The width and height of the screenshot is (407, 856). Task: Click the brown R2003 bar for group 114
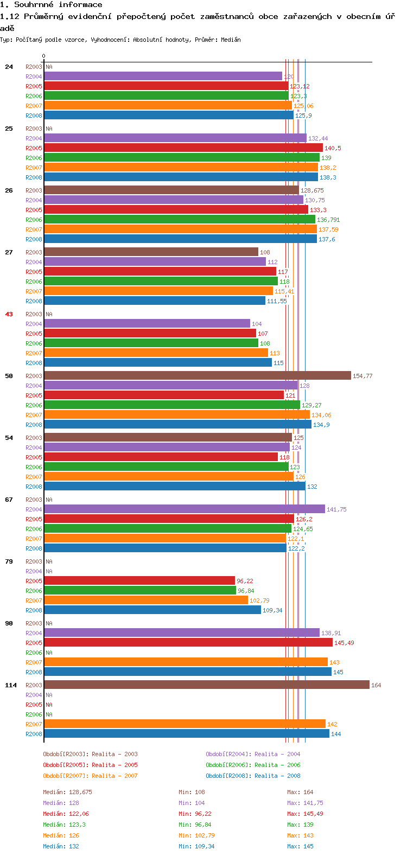pyautogui.click(x=206, y=685)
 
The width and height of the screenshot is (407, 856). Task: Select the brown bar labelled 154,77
pyautogui.click(x=197, y=375)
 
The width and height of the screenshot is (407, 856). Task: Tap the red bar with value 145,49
pyautogui.click(x=188, y=642)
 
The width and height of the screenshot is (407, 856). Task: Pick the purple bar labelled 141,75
pyautogui.click(x=184, y=509)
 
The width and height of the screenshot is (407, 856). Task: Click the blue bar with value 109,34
pyautogui.click(x=152, y=610)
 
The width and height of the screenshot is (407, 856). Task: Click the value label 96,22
pyautogui.click(x=245, y=581)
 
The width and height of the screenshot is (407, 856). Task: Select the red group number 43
pyautogui.click(x=9, y=314)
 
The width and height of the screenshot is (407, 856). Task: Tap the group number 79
pyautogui.click(x=9, y=561)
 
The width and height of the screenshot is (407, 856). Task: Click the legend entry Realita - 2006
pyautogui.click(x=253, y=765)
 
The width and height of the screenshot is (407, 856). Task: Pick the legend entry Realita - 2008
pyautogui.click(x=253, y=776)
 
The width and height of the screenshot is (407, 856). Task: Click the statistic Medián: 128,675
pyautogui.click(x=67, y=792)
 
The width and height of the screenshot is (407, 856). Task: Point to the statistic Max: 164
pyautogui.click(x=300, y=792)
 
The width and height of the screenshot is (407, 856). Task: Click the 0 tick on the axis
pyautogui.click(x=43, y=56)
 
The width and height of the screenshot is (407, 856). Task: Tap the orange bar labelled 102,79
pyautogui.click(x=145, y=600)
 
